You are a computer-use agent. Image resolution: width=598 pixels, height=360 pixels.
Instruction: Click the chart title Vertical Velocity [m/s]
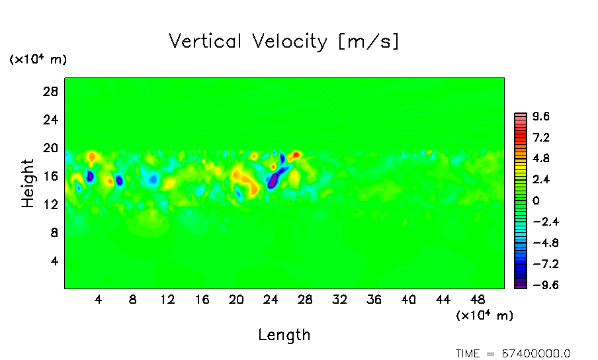click(284, 42)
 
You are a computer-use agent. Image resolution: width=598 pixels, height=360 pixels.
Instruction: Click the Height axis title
click(28, 183)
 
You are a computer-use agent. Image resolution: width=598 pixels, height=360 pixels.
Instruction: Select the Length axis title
click(284, 335)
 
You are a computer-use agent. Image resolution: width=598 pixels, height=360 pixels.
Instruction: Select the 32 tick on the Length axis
click(340, 300)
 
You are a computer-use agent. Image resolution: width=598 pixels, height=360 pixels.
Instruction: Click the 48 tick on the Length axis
click(478, 300)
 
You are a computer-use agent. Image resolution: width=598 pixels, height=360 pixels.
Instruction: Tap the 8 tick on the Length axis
click(133, 300)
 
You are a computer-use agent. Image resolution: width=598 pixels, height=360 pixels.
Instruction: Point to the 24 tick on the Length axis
click(271, 300)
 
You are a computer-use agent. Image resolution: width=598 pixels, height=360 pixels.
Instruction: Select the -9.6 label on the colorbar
click(538, 285)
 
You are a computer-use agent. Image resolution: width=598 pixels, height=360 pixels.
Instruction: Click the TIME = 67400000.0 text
click(513, 353)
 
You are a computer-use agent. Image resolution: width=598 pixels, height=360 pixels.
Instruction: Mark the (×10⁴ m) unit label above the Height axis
click(38, 60)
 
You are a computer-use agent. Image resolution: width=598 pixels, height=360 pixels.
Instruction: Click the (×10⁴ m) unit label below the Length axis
click(484, 316)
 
